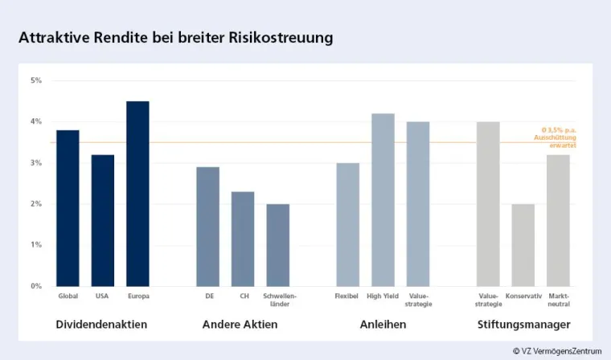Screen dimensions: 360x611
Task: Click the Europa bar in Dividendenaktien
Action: coord(137,194)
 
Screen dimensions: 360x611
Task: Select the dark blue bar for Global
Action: coord(68,208)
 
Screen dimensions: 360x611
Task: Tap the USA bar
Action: coord(103,220)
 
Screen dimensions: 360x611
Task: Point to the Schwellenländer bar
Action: coord(278,245)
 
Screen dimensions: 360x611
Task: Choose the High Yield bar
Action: coord(383,200)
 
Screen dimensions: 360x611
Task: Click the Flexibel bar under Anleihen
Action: coord(347,224)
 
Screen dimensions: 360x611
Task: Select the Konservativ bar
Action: coord(523,245)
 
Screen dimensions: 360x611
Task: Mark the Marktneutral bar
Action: coord(558,220)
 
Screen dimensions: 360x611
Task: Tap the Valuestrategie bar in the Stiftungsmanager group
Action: coord(488,204)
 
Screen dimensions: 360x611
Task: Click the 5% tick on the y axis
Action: coord(36,80)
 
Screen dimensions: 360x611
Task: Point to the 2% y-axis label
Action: coord(36,204)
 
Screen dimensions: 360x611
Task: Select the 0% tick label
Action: coord(36,286)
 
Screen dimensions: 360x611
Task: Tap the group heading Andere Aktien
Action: coord(240,325)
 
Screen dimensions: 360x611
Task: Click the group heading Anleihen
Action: coord(383,325)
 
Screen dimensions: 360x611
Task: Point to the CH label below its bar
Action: coord(243,297)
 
